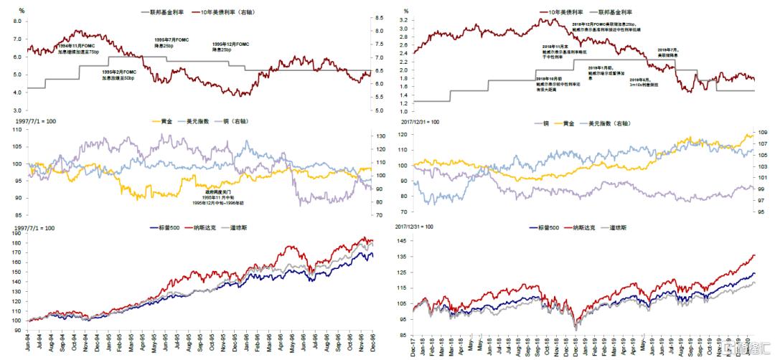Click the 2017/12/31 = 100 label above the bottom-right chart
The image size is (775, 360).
pos(415,226)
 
